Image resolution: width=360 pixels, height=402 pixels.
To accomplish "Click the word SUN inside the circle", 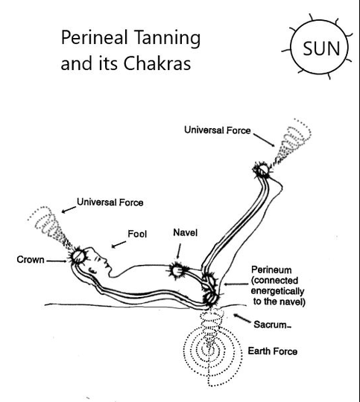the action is coord(321,48).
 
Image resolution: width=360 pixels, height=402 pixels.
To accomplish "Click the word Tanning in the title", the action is coord(167,38).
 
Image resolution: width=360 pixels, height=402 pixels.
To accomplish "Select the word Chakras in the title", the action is coord(157,63).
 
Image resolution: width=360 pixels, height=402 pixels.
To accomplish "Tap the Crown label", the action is coord(31,260).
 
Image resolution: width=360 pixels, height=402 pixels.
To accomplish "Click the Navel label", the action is coord(185,232).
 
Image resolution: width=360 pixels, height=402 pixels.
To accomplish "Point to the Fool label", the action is coord(137,234).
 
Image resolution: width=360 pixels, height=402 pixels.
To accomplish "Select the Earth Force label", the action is coord(273,351).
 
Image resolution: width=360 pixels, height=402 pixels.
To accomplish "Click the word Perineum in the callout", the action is coord(271,269).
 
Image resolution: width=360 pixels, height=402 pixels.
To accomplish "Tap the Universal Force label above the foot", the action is coord(218,130).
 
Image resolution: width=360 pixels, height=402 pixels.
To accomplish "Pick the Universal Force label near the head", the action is coord(110,202).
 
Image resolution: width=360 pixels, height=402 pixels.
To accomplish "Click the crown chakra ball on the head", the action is coord(78,256).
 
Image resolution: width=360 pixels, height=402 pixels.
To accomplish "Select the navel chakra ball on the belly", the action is coord(177,271).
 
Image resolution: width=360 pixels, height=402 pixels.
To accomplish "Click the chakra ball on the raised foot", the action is coord(262,170).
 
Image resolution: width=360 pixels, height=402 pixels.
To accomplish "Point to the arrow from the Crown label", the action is coord(56,261).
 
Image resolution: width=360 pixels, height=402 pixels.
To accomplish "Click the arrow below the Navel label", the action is coord(178,251).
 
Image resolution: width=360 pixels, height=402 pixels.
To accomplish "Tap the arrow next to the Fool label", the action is coord(119,244).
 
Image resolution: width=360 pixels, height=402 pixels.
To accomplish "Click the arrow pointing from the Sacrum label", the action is coord(242,318).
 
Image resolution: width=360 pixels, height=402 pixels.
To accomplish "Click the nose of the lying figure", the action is coord(105,261).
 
